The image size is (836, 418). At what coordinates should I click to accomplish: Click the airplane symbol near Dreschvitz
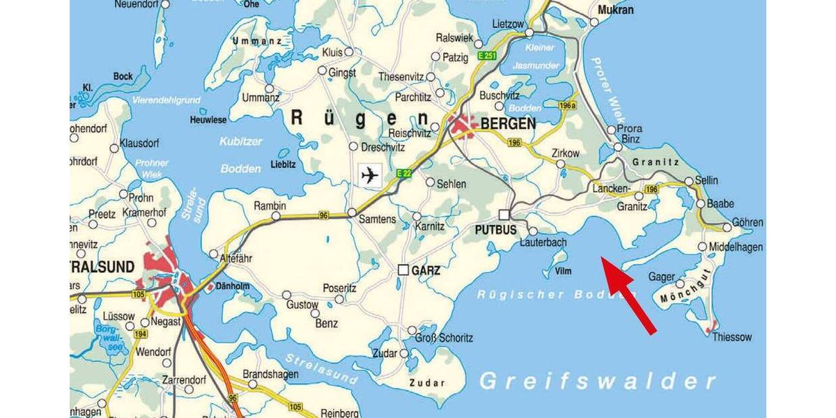point(371,175)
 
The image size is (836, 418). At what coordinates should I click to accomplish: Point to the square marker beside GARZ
point(403,270)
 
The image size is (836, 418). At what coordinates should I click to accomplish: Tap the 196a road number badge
point(568,105)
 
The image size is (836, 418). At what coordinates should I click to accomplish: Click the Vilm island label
point(563,271)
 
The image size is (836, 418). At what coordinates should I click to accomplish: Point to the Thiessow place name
point(732,337)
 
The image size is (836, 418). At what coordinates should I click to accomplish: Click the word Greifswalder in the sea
point(598,381)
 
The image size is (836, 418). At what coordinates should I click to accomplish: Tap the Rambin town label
point(270,206)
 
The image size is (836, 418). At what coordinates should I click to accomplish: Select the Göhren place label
point(747,222)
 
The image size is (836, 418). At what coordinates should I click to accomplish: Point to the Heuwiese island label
point(208,120)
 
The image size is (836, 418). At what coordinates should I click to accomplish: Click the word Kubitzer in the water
point(241,141)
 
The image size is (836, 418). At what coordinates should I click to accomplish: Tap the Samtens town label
point(377,219)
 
